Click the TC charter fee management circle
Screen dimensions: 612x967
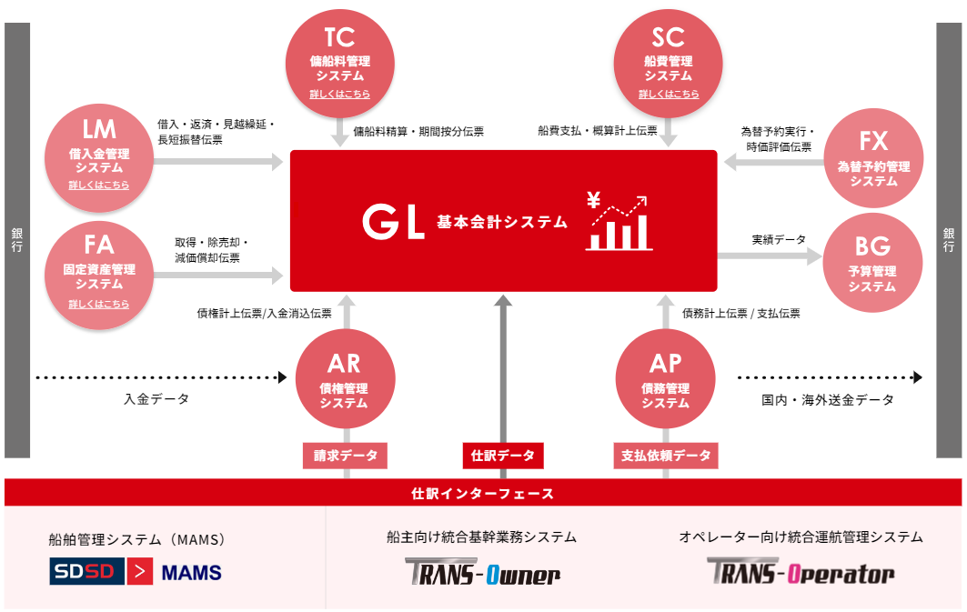[339, 62]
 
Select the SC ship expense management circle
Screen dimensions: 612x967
[669, 62]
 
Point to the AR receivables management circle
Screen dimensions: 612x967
[344, 380]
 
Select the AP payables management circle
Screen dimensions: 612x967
[665, 380]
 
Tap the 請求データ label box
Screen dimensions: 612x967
[345, 456]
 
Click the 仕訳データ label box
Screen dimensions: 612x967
[503, 456]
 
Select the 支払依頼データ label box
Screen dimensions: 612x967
[666, 456]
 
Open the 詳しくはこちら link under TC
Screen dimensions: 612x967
[339, 95]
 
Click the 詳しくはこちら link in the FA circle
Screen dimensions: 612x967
[98, 304]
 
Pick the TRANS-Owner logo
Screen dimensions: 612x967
[482, 573]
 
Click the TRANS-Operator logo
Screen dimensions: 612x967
[801, 572]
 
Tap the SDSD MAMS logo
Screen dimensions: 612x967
[136, 572]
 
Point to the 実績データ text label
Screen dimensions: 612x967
[778, 240]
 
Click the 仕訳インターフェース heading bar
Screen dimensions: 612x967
[483, 494]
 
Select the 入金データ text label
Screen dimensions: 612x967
[156, 399]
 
